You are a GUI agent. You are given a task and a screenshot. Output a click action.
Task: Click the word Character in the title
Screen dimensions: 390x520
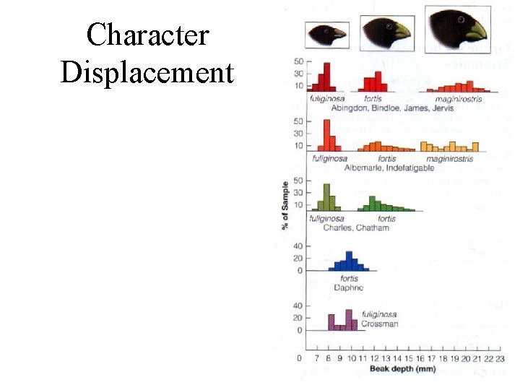pyautogui.click(x=147, y=35)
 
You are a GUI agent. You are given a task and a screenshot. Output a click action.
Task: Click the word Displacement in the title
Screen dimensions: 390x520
pyautogui.click(x=147, y=73)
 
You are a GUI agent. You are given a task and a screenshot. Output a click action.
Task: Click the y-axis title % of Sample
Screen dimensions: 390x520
pyautogui.click(x=286, y=205)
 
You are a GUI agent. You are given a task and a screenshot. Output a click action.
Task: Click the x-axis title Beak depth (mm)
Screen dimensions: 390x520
pyautogui.click(x=402, y=370)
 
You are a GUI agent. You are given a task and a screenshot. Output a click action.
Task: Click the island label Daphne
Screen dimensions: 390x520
pyautogui.click(x=349, y=287)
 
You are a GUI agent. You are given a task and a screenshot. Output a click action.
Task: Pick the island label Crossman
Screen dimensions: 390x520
pyautogui.click(x=380, y=324)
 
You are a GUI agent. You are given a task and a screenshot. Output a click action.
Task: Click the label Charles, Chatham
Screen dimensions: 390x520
pyautogui.click(x=356, y=227)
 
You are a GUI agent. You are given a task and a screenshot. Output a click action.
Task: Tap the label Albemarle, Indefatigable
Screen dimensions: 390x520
pyautogui.click(x=389, y=168)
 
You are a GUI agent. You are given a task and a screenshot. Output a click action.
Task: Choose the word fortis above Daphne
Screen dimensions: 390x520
pyautogui.click(x=349, y=279)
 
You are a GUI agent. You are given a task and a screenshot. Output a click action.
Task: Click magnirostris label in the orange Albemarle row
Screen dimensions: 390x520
pyautogui.click(x=449, y=158)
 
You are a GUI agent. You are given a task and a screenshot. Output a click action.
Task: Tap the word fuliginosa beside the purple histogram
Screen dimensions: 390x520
pyautogui.click(x=380, y=315)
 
